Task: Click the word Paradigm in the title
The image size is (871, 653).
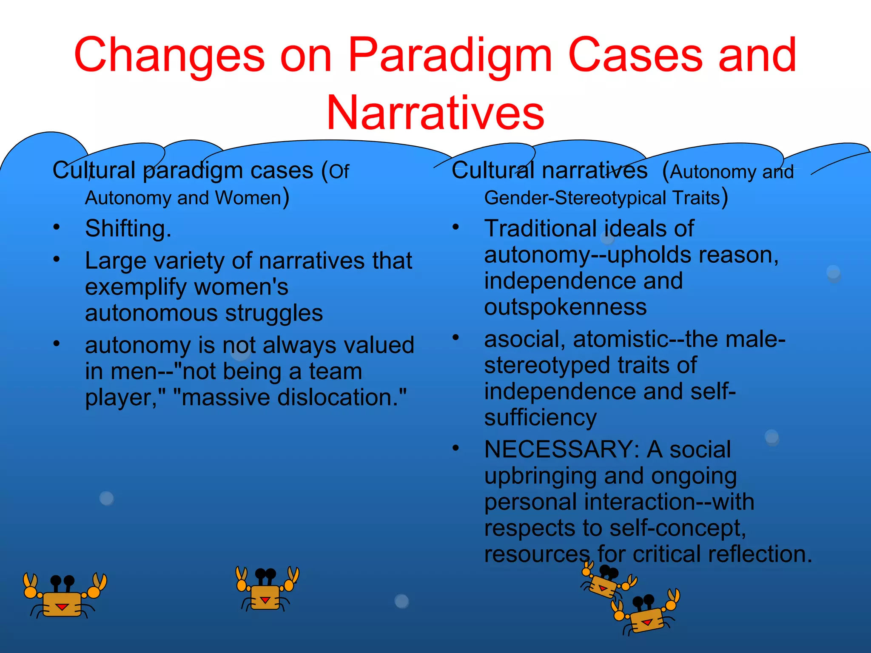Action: [x=450, y=55]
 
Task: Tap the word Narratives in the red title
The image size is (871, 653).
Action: [x=435, y=113]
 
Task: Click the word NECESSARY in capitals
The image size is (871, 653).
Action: [x=559, y=449]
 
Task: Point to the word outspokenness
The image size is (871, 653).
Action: [x=565, y=307]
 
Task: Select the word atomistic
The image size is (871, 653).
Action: [x=621, y=339]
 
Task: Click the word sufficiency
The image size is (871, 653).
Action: [x=540, y=417]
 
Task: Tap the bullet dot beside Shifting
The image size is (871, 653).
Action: [x=57, y=227]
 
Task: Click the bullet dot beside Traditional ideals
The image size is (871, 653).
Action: [x=455, y=227]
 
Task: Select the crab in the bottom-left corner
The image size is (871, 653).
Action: [x=64, y=595]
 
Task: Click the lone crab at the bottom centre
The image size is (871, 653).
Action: [x=267, y=589]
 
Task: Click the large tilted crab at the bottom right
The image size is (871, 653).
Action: [x=646, y=614]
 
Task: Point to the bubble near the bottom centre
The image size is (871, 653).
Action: [x=401, y=601]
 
